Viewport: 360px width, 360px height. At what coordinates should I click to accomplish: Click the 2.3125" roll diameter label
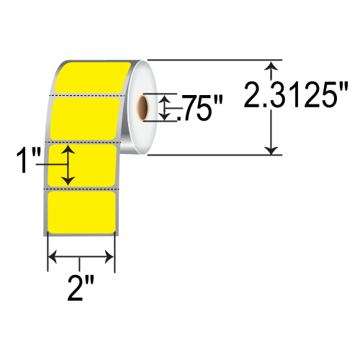[x=296, y=94]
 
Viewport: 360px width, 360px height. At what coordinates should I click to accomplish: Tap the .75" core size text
[x=199, y=110]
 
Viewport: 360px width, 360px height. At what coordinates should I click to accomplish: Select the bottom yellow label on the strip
[x=81, y=212]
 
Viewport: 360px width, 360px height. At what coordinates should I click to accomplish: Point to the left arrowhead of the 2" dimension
[x=52, y=256]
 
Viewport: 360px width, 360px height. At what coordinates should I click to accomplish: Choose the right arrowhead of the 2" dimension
[x=110, y=256]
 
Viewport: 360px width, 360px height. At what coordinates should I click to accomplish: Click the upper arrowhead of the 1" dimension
[x=68, y=149]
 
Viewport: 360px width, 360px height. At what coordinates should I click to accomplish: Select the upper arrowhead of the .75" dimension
[x=167, y=99]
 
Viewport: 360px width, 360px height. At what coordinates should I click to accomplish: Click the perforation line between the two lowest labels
[x=81, y=187]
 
